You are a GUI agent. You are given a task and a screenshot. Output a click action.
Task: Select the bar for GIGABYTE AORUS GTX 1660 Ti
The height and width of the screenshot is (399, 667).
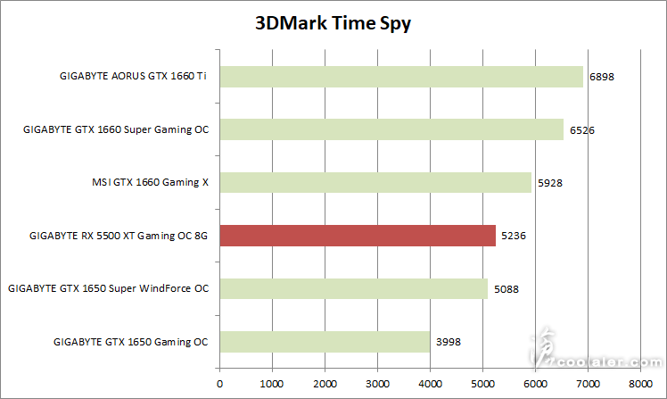tap(401, 77)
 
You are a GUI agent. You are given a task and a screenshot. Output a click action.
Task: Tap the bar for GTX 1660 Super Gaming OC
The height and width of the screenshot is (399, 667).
tap(391, 130)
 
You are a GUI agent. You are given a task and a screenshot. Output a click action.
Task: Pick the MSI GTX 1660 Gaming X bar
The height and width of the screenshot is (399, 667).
tap(375, 183)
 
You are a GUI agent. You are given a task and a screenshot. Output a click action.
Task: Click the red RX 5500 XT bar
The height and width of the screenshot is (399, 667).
tap(358, 236)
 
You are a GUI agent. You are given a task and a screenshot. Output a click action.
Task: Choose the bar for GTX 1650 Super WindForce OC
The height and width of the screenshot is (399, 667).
tap(354, 289)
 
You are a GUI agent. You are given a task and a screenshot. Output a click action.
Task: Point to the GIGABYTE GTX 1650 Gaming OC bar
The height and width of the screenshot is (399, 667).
tap(325, 342)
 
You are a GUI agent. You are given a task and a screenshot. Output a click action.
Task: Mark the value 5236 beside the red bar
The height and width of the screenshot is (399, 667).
tap(514, 237)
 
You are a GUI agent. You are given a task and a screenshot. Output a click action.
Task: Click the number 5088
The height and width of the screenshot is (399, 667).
tap(506, 289)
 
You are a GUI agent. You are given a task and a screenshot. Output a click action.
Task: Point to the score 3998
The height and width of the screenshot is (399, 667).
tap(449, 342)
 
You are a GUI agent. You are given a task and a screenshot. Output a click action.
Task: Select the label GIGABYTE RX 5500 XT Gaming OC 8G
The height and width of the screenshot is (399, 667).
tap(119, 237)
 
